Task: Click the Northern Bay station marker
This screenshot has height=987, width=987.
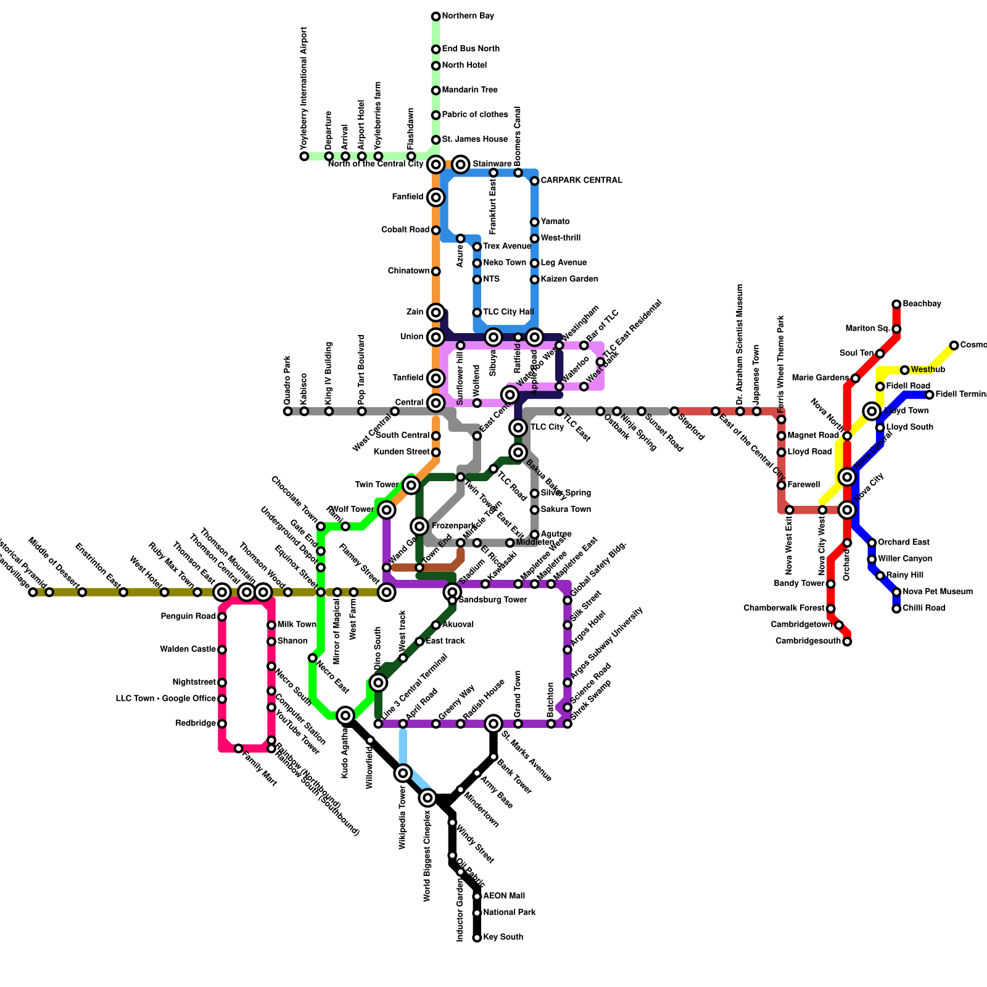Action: pyautogui.click(x=436, y=16)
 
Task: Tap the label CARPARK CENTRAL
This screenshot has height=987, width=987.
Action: pyautogui.click(x=581, y=181)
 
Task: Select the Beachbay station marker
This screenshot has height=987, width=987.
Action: pyautogui.click(x=896, y=304)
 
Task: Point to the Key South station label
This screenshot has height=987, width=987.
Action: pyautogui.click(x=503, y=937)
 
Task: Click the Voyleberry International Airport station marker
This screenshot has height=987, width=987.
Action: pyautogui.click(x=304, y=157)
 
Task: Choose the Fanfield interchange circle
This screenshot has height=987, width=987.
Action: pyautogui.click(x=436, y=197)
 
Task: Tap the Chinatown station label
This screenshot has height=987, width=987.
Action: pyautogui.click(x=408, y=271)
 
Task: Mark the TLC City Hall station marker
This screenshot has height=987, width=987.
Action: pyautogui.click(x=477, y=313)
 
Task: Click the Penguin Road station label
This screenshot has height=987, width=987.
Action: pyautogui.click(x=188, y=616)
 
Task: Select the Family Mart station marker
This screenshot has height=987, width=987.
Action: pyautogui.click(x=239, y=748)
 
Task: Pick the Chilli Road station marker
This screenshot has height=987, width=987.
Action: pyautogui.click(x=896, y=609)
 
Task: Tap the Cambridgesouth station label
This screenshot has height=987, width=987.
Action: pyautogui.click(x=807, y=642)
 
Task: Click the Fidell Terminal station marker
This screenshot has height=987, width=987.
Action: pyautogui.click(x=930, y=395)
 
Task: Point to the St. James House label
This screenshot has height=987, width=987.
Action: pyautogui.click(x=474, y=139)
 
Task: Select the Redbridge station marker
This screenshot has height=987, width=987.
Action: pyautogui.click(x=222, y=724)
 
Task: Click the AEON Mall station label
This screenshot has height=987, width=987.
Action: pyautogui.click(x=504, y=896)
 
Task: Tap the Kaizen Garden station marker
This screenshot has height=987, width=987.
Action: pyautogui.click(x=535, y=279)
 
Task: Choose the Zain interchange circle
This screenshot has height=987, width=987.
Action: pyautogui.click(x=436, y=313)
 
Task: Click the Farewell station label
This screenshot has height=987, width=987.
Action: pyautogui.click(x=803, y=485)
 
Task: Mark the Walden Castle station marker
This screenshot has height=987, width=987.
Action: pyautogui.click(x=222, y=650)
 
